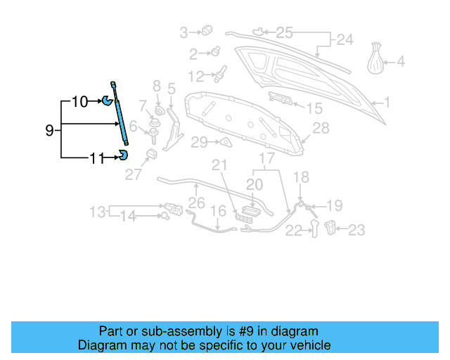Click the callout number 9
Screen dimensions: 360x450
coord(49,130)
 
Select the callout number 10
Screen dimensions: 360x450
coord(80,102)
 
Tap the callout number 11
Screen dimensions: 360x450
coord(97,158)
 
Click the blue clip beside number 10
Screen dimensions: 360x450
coord(107,99)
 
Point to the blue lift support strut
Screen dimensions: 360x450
coord(118,116)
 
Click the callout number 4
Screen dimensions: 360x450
coord(401,62)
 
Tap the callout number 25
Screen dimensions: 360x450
coord(283,32)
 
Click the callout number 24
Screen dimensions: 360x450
coord(344,40)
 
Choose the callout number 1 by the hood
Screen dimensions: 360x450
coord(385,103)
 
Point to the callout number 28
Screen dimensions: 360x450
coord(321,128)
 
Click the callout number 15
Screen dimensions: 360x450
coord(314,108)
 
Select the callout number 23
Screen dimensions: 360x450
coord(357,229)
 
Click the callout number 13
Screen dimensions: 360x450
coord(97,212)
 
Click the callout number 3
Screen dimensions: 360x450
coord(184,32)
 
